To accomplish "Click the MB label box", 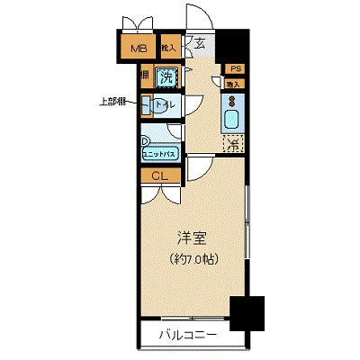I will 139,49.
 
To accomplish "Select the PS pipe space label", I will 234,69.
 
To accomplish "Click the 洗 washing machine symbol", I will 166,77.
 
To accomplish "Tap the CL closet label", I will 158,175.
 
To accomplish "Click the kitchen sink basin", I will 230,118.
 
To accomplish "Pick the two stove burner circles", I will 231,97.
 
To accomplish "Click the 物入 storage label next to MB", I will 168,49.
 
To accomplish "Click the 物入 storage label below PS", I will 232,84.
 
